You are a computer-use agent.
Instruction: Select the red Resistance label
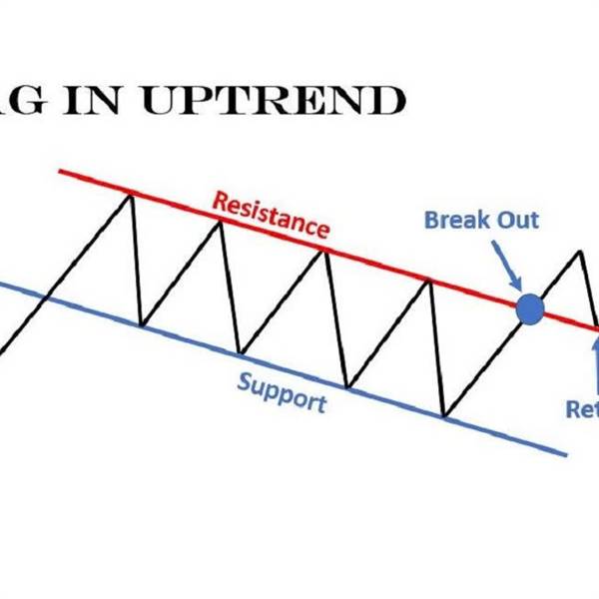(x=271, y=213)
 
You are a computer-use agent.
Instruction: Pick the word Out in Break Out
(x=518, y=219)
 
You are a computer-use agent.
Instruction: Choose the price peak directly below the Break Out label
(x=430, y=283)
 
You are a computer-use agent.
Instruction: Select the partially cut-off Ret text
(x=582, y=408)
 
